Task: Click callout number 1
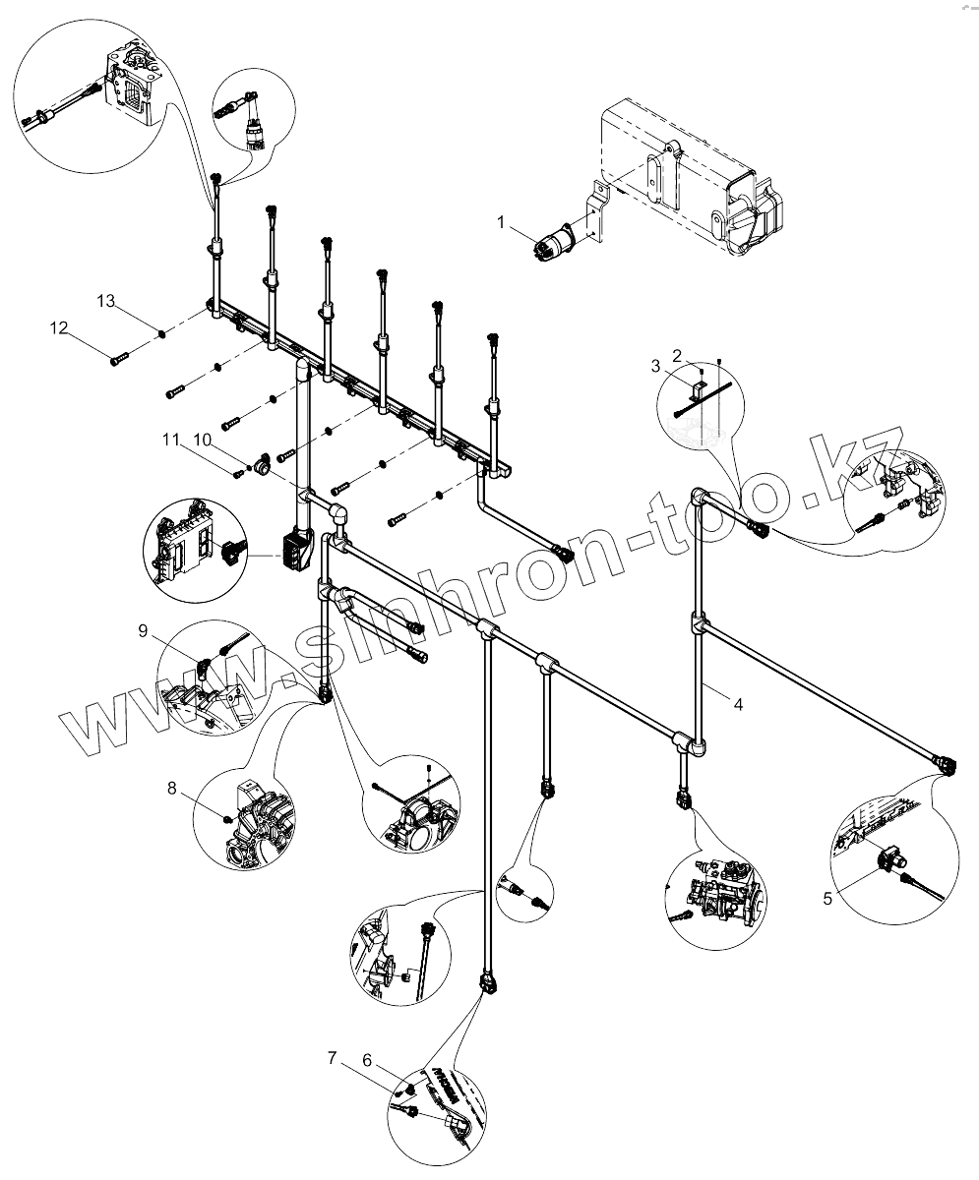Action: click(x=501, y=223)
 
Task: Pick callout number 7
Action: click(x=333, y=1058)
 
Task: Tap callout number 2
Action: click(x=677, y=353)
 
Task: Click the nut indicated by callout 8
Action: click(x=228, y=816)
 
